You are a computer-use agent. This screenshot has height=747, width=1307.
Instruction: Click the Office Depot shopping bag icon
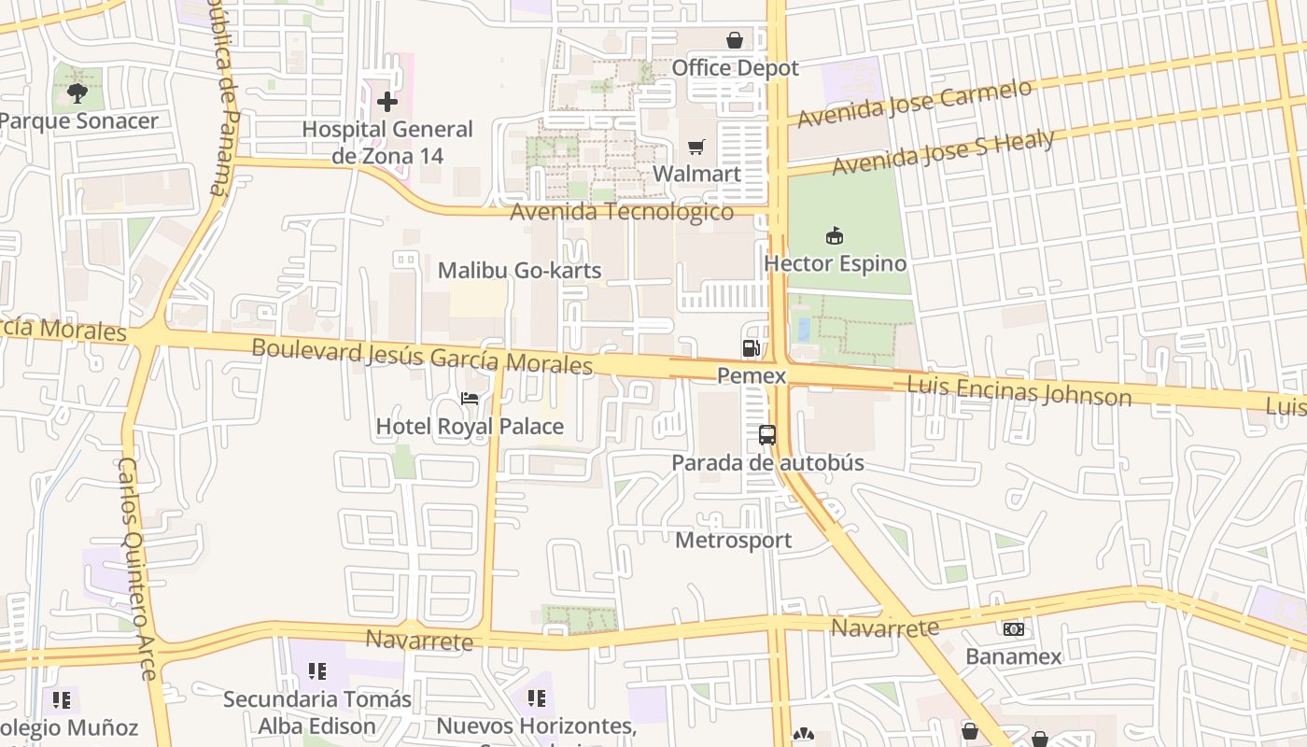[735, 40]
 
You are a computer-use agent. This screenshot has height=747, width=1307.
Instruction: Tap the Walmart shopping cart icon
[696, 147]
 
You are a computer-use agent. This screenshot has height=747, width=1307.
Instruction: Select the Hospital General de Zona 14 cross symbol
[387, 102]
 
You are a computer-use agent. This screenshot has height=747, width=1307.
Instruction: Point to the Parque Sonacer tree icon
[77, 92]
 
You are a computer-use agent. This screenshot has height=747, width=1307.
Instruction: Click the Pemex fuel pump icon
[751, 348]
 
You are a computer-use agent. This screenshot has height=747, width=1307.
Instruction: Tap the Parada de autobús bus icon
[767, 435]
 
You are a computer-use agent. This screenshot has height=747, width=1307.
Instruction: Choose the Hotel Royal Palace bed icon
[470, 399]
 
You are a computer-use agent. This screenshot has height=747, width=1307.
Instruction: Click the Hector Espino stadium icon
[835, 236]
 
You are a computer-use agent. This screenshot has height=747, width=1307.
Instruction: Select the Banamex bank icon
[1014, 629]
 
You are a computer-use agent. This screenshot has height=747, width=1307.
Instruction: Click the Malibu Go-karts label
[520, 271]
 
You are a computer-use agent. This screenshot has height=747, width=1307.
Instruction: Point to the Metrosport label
[733, 540]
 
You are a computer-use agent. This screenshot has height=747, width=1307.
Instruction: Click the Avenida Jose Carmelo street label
[915, 104]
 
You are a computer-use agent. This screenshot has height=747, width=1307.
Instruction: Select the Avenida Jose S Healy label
[943, 153]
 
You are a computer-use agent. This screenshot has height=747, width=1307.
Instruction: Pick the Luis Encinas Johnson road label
[1019, 390]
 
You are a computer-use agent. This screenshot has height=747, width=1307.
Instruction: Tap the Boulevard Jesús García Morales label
[422, 356]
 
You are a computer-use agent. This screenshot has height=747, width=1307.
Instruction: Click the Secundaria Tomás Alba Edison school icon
[317, 671]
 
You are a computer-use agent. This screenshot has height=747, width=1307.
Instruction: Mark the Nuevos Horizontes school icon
[536, 698]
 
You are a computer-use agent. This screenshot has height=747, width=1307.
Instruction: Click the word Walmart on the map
[696, 174]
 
